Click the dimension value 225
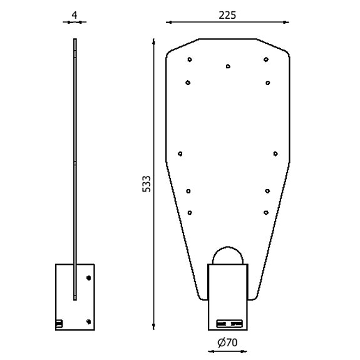pyautogui.click(x=227, y=15)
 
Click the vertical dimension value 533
pyautogui.click(x=147, y=183)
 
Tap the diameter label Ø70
pyautogui.click(x=227, y=342)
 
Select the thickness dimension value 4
pyautogui.click(x=75, y=14)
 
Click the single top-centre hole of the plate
pyautogui.click(x=228, y=65)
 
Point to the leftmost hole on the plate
pyautogui.click(x=180, y=153)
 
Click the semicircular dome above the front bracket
pyautogui.click(x=228, y=255)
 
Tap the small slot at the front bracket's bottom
pyautogui.click(x=229, y=324)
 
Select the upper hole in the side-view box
pyautogui.click(x=88, y=277)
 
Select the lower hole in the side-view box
pyautogui.click(x=88, y=321)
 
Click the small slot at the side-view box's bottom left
pyautogui.click(x=59, y=323)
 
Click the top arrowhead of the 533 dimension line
pyautogui.click(x=154, y=43)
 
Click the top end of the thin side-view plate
pyautogui.click(x=75, y=40)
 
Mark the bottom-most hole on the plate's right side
pyautogui.click(x=267, y=213)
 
